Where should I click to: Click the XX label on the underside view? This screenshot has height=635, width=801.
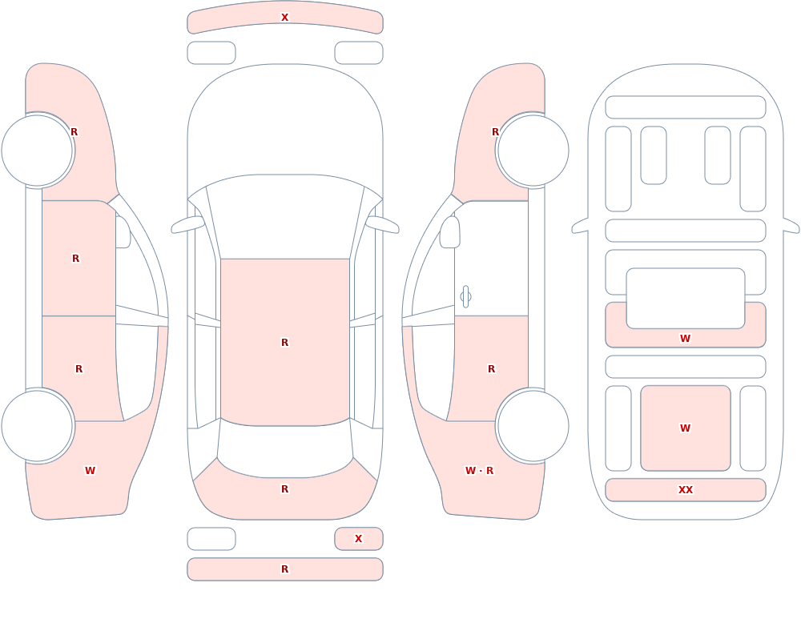[685, 489]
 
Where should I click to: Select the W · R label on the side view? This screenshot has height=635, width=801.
[479, 471]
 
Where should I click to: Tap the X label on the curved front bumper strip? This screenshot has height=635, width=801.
[284, 18]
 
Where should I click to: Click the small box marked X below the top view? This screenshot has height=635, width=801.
[359, 538]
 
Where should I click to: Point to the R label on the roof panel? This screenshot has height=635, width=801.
[284, 342]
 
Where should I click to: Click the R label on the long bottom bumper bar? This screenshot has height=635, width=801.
[284, 569]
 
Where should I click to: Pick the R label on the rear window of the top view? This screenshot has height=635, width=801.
[284, 489]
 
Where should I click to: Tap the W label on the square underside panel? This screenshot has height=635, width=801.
[685, 428]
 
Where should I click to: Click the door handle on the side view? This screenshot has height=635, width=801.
[465, 296]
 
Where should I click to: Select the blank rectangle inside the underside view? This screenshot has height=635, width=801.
[686, 299]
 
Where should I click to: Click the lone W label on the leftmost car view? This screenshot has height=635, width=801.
[90, 471]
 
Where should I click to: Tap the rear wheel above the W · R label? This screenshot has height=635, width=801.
[533, 425]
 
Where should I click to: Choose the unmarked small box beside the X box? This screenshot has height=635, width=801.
[211, 538]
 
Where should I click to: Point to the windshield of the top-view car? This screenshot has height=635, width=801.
[285, 217]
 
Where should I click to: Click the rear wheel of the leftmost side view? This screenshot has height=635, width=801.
[38, 425]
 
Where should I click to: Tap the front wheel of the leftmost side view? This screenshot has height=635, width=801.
[38, 151]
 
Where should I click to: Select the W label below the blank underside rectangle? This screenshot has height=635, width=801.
[685, 338]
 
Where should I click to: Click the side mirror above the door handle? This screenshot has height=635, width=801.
[449, 232]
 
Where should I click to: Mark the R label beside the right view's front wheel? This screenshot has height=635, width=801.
[494, 132]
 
